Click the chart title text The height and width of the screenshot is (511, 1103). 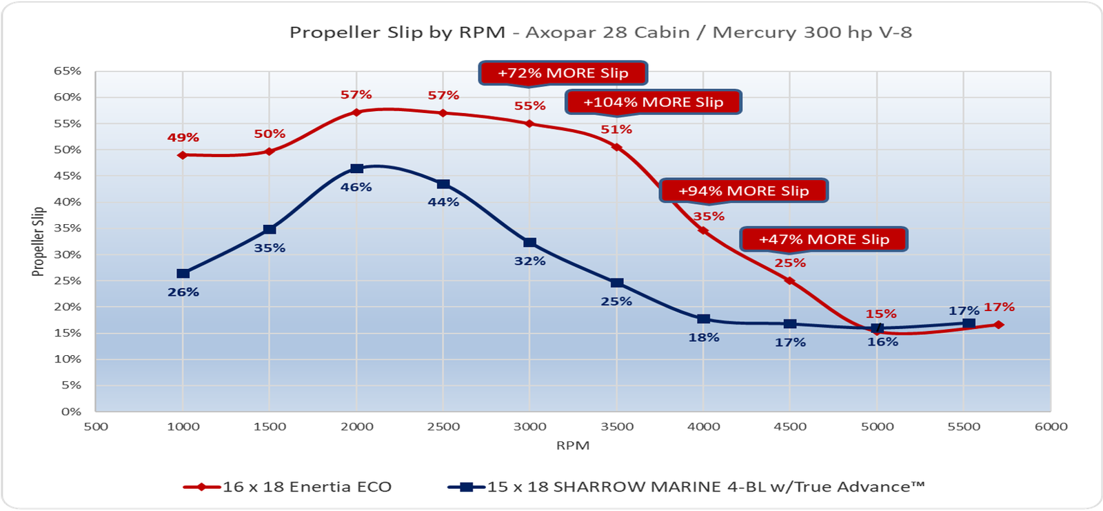600,32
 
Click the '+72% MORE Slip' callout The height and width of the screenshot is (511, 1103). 563,73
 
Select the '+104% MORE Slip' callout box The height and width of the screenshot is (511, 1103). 654,102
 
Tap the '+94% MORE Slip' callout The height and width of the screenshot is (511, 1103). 744,191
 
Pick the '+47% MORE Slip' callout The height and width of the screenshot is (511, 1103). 824,239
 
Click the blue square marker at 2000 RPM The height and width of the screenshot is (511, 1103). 356,169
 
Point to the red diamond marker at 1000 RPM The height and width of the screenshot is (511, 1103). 183,155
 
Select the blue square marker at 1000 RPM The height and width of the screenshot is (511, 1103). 183,274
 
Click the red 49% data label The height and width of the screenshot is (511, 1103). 183,138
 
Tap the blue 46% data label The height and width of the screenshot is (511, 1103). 356,187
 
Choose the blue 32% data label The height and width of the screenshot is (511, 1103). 529,261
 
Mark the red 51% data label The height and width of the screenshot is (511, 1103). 616,129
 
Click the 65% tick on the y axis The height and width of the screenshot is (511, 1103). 68,71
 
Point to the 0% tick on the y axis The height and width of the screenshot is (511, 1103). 71,412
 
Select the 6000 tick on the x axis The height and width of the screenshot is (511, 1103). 1051,426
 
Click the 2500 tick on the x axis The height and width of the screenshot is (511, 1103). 443,426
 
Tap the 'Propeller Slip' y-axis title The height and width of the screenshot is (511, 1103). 39,241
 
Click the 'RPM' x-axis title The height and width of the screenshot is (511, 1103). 573,445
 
